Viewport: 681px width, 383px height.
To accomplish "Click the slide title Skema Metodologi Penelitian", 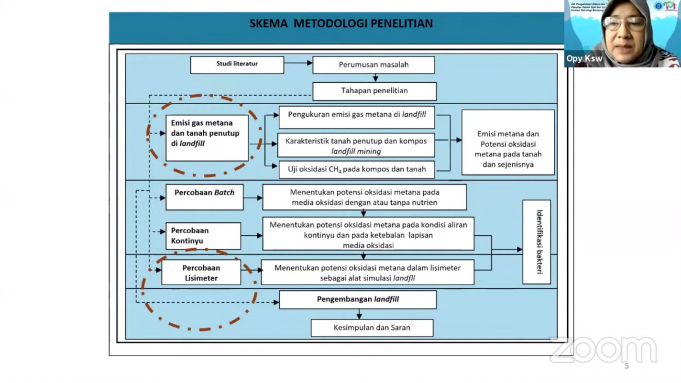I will click(x=341, y=23).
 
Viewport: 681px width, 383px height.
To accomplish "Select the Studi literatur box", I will click(x=237, y=65).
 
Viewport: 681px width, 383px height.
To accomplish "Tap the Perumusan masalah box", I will click(x=373, y=65).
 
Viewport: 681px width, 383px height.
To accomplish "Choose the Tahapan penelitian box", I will click(x=374, y=91).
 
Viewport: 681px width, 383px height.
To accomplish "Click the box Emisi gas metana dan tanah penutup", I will click(x=207, y=138).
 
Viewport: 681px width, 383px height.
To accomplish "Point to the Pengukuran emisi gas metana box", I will click(x=357, y=117).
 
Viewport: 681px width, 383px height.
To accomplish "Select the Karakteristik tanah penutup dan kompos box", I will click(x=356, y=145).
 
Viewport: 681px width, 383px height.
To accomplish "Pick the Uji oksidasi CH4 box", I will click(x=356, y=169).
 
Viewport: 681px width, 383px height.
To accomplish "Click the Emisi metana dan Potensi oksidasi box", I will click(x=508, y=142).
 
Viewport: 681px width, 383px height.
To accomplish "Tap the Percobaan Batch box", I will click(x=204, y=197).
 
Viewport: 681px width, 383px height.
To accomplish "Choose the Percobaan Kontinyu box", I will click(x=203, y=236).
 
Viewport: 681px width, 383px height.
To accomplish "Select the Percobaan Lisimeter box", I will click(x=201, y=273).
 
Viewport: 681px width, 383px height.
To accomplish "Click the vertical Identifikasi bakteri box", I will click(x=537, y=242).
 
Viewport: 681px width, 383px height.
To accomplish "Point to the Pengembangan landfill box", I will click(x=358, y=300).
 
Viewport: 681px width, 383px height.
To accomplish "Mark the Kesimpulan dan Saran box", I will click(x=372, y=328).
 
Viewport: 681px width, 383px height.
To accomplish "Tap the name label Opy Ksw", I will click(x=584, y=59).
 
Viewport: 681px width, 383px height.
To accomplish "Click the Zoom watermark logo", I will click(x=604, y=350).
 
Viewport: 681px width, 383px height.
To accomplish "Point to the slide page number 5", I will click(x=626, y=366).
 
